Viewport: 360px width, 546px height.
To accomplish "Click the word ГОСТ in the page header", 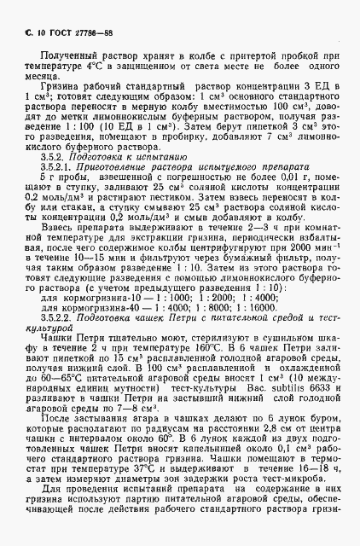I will pyautogui.click(x=55, y=33).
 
